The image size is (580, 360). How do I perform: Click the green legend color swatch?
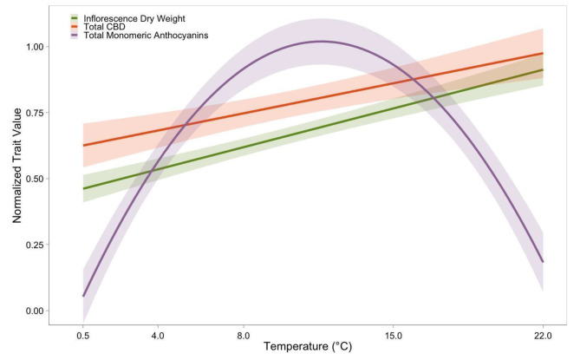coord(76,17)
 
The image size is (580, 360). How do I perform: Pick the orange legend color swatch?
coord(76,26)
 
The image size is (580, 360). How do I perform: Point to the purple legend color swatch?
coord(76,35)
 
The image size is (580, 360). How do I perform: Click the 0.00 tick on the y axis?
coord(39,311)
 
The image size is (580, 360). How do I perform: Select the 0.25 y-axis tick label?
coord(39,245)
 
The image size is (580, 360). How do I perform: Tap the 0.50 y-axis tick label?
coord(39,179)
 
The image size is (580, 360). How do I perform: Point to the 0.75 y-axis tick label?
coord(39,112)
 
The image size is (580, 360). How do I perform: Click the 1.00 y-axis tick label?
coord(39,46)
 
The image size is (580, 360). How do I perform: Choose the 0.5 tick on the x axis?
coord(83,334)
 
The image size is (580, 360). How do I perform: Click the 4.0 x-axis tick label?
coord(158,334)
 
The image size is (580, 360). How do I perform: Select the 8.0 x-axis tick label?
coord(244,334)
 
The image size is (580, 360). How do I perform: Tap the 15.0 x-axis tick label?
coord(393,334)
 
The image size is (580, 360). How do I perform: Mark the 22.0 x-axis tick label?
coord(543,334)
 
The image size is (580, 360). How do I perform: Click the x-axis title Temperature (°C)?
coord(307,347)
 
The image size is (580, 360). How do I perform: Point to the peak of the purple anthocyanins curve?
coord(321,41)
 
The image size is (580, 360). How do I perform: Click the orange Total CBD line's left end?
coord(83,145)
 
